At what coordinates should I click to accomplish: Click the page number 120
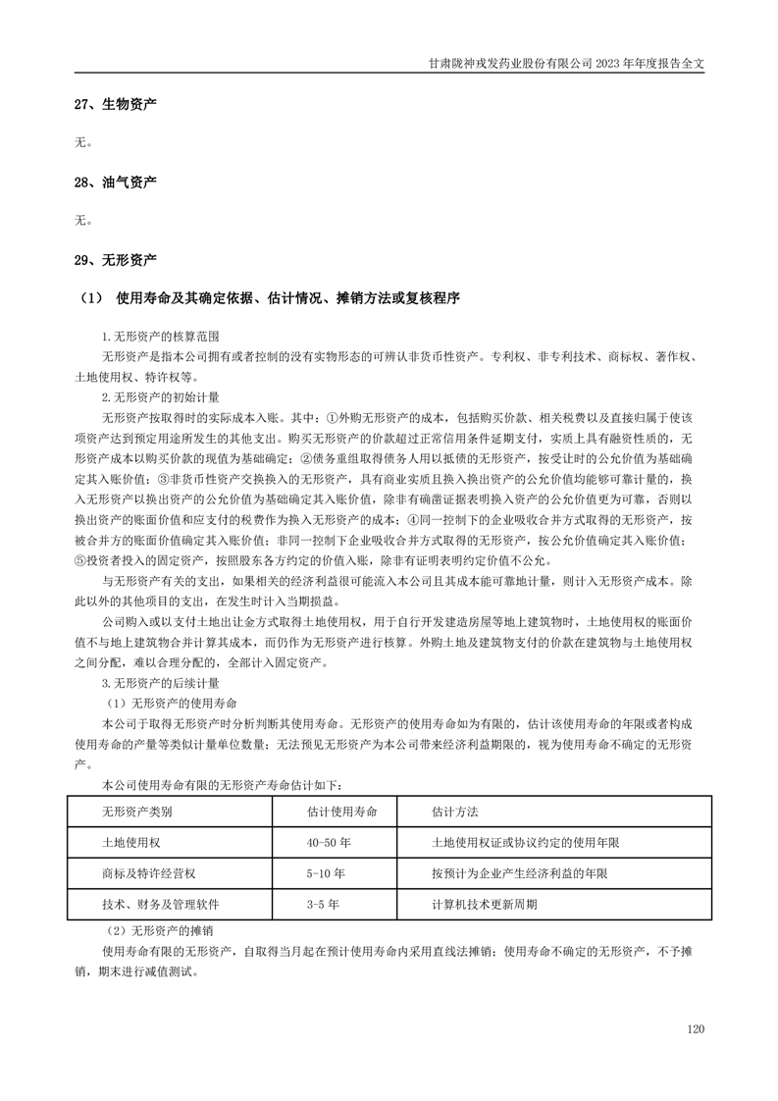(696, 1028)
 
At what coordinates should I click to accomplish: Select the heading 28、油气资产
(116, 183)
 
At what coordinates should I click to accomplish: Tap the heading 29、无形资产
(116, 260)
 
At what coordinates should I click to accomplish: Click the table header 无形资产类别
(136, 813)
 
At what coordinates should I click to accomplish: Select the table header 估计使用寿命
(342, 813)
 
